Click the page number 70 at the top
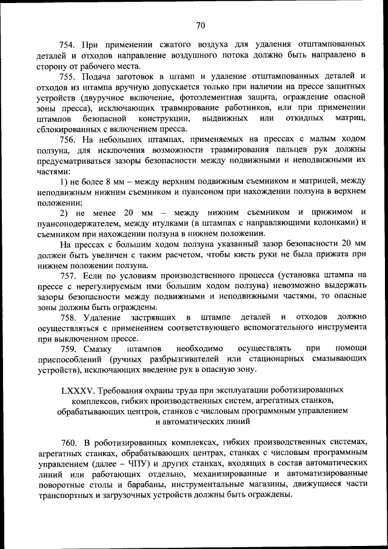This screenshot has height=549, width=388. pos(201,25)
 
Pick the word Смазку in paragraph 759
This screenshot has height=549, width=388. pos(104,348)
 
